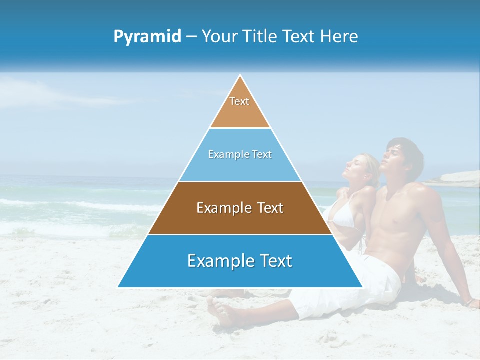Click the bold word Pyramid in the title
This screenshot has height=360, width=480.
pyautogui.click(x=147, y=37)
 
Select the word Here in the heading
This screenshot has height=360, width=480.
pyautogui.click(x=340, y=36)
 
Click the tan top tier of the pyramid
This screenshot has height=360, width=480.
pyautogui.click(x=240, y=112)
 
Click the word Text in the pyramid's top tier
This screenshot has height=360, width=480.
pyautogui.click(x=239, y=101)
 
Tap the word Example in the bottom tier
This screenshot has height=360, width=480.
pyautogui.click(x=214, y=261)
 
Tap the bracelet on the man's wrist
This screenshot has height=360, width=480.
pyautogui.click(x=469, y=301)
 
